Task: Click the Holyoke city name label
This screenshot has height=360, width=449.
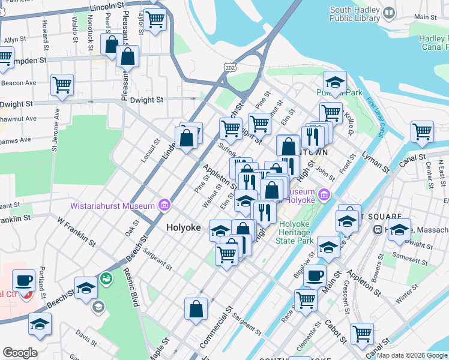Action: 183,227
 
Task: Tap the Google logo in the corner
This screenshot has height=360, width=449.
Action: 20,353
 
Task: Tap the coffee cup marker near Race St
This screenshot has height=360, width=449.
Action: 315,276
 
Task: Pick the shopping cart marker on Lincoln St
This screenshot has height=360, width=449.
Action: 155,20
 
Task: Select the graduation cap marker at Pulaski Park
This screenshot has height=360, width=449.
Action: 335,82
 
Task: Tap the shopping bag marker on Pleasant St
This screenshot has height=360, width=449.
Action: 128,57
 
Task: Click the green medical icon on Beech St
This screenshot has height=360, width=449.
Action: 106,278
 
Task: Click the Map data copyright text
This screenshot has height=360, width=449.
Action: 412,355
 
